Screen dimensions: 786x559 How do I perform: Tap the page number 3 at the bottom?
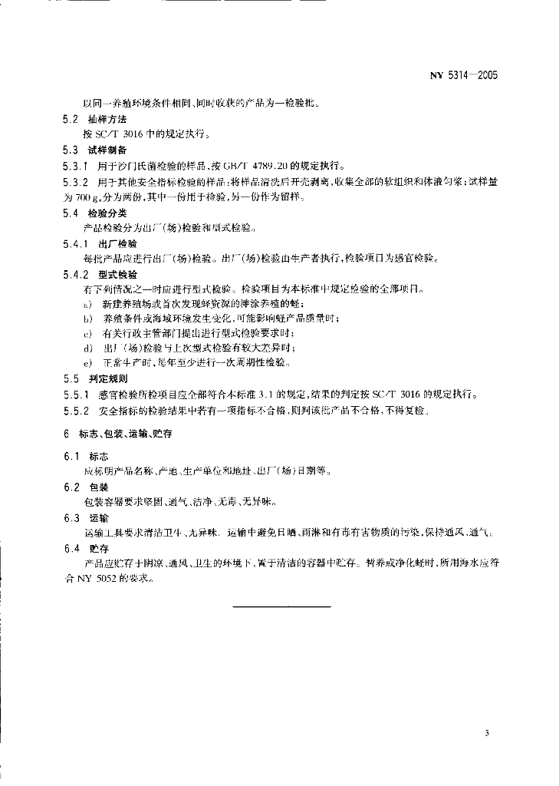(486, 732)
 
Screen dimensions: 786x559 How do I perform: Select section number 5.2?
(71, 119)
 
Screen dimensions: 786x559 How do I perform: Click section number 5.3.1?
(75, 165)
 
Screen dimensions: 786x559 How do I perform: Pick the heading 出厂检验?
(112, 243)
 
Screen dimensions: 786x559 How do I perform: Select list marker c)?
(88, 333)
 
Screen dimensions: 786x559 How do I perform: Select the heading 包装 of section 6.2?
(98, 487)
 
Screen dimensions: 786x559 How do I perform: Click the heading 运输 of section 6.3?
(98, 517)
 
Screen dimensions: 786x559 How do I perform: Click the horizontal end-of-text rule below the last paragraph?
(281, 607)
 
